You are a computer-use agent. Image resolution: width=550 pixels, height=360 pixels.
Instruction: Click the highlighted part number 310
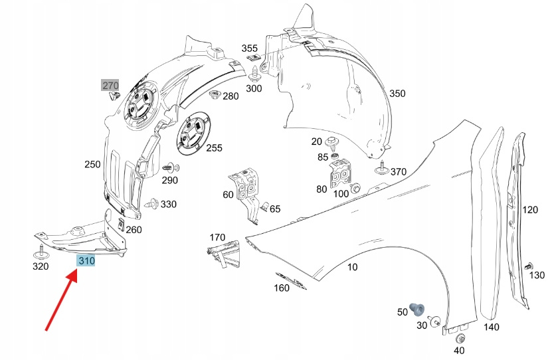point(86,261)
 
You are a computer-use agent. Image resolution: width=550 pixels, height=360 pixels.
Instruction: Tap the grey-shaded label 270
point(110,85)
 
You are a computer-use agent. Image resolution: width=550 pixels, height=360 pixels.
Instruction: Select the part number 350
point(397,94)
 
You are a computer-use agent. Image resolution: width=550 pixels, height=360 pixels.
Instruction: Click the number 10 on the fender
point(352,267)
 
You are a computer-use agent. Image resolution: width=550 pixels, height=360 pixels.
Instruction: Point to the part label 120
point(529,210)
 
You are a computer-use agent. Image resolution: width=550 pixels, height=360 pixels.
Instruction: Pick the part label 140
point(491,327)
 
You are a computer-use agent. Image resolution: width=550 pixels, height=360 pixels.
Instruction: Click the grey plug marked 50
point(418,308)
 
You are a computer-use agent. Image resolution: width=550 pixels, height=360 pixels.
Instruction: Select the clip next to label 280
point(215,96)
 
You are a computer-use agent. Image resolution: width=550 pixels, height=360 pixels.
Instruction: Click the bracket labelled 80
point(341,174)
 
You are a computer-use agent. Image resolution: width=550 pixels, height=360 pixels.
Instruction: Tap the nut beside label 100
point(356,188)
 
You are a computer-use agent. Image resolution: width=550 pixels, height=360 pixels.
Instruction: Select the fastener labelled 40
point(460,338)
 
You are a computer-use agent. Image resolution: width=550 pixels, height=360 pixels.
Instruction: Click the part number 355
point(249,48)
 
